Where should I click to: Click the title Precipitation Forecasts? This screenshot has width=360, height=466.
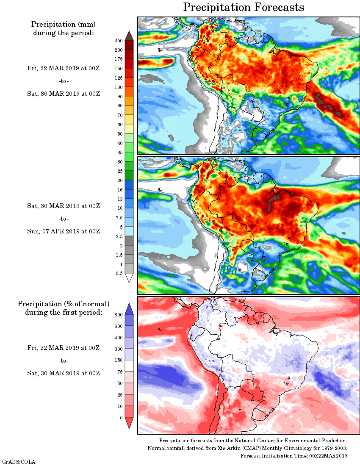(244, 8)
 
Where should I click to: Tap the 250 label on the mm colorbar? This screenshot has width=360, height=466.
(118, 41)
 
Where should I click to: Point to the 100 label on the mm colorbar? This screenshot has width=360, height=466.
(118, 87)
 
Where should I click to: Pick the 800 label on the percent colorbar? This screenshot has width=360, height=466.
(118, 315)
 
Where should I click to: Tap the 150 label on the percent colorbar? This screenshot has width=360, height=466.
(118, 361)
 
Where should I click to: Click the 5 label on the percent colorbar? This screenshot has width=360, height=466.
(121, 418)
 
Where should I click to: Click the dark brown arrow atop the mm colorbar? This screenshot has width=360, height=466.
(130, 36)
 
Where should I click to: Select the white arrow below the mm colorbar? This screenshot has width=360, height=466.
(130, 277)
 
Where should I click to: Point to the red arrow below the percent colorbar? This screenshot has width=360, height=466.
(130, 422)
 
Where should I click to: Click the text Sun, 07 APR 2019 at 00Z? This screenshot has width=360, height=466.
(64, 231)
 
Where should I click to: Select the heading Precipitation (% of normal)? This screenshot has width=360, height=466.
(64, 304)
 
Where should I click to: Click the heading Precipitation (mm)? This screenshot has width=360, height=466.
(64, 24)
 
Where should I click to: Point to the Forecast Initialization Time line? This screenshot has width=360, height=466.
(294, 455)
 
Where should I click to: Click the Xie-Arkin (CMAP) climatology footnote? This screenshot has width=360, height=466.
(247, 448)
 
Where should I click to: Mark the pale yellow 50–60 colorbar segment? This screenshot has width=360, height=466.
(130, 129)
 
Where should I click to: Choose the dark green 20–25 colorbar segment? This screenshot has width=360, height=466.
(130, 175)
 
